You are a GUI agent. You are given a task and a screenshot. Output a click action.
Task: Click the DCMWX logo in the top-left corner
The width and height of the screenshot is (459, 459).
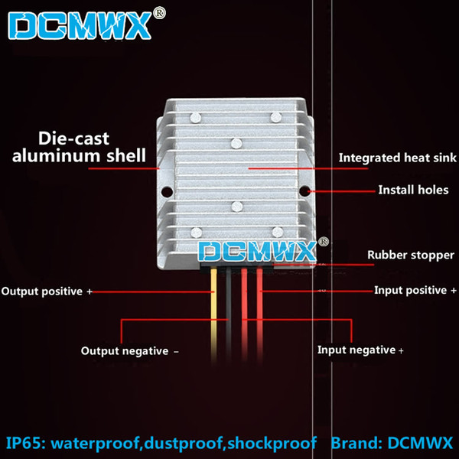pyautogui.click(x=80, y=25)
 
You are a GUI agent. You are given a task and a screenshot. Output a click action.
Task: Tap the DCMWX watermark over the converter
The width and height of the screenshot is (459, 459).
pyautogui.click(x=257, y=251)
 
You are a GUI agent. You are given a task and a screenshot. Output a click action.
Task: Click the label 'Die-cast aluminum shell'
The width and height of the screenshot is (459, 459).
pyautogui.click(x=79, y=147)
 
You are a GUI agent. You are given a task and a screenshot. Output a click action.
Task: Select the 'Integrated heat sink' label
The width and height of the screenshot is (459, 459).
pyautogui.click(x=397, y=158)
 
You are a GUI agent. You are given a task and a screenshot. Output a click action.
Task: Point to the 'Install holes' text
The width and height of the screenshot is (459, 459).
pyautogui.click(x=413, y=190)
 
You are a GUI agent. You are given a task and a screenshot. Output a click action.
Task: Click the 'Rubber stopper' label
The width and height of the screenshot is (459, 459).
pyautogui.click(x=411, y=255)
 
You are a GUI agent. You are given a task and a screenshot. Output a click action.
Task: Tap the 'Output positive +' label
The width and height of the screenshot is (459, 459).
pyautogui.click(x=47, y=291)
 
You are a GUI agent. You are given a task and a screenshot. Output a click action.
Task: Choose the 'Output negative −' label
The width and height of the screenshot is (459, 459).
pyautogui.click(x=130, y=351)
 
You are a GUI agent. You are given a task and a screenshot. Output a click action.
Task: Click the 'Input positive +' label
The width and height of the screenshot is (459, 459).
pyautogui.click(x=415, y=291)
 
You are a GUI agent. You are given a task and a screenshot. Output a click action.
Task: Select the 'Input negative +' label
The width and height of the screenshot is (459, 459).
pyautogui.click(x=360, y=350)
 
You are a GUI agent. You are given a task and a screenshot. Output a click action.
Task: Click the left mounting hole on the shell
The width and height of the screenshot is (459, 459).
pyautogui.click(x=167, y=192)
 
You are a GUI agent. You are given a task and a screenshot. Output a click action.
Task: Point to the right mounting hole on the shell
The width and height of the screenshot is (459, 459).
pyautogui.click(x=304, y=191)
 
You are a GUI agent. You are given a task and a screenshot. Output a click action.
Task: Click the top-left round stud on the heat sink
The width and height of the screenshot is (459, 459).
pyautogui.click(x=196, y=118)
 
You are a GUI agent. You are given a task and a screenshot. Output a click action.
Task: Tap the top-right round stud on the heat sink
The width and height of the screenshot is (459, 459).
pyautogui.click(x=275, y=117)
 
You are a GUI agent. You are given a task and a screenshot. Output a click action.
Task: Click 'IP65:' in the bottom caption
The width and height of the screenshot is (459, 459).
pyautogui.click(x=26, y=443)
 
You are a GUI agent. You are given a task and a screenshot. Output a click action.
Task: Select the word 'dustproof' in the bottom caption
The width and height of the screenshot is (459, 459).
pyautogui.click(x=184, y=443)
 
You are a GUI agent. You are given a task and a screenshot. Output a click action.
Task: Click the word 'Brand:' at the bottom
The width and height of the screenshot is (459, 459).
pyautogui.click(x=356, y=443)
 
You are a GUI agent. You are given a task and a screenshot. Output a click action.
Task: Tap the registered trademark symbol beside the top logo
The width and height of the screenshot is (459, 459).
pyautogui.click(x=160, y=13)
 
